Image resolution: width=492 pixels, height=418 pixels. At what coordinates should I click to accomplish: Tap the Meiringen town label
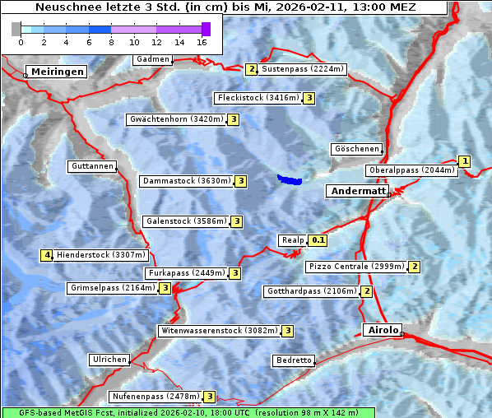[x=56, y=72]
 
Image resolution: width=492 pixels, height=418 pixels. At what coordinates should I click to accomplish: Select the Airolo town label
[x=383, y=330]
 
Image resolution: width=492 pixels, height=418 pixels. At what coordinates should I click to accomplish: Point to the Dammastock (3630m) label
[x=187, y=180]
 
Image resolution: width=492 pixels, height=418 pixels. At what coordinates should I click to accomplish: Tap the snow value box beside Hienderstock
[x=47, y=255]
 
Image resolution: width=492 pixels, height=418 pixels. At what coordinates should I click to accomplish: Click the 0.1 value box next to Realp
[x=318, y=240]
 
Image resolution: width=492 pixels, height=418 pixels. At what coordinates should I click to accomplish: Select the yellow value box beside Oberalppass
[x=464, y=161]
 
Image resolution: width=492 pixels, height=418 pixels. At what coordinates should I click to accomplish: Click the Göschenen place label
[x=356, y=149]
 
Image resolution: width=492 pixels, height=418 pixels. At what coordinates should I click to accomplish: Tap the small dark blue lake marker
[x=290, y=179]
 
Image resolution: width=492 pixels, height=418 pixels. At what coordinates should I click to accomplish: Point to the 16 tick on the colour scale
[x=202, y=41]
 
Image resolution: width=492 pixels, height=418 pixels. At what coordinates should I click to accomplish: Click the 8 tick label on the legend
[x=111, y=41]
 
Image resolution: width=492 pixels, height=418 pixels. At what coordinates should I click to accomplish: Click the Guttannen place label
[x=91, y=166]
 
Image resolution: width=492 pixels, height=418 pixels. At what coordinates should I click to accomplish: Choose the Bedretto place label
[x=293, y=360]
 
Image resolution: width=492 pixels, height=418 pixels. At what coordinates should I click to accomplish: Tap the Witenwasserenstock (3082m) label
[x=219, y=331]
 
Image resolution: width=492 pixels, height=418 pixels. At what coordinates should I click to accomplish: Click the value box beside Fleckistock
[x=309, y=98]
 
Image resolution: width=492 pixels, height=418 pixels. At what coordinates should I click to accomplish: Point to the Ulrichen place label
[x=109, y=360]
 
